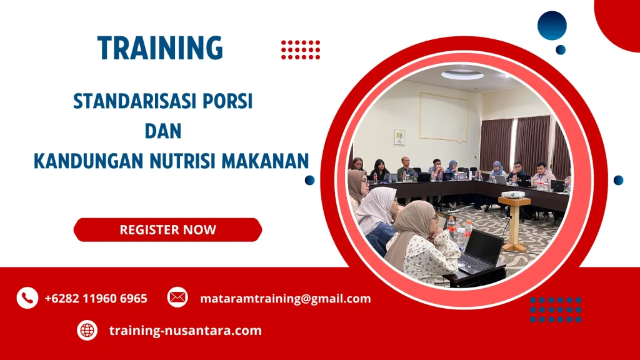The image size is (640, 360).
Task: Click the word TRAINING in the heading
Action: [160, 48]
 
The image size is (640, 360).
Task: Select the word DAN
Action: [162, 131]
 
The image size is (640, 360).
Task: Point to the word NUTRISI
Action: [206, 161]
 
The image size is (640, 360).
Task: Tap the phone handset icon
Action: [27, 298]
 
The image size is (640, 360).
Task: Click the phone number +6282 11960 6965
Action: [96, 299]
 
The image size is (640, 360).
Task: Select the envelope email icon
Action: [177, 297]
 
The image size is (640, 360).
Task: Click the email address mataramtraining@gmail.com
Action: [286, 299]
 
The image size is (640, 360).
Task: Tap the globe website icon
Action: [87, 330]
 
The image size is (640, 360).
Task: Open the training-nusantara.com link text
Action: [185, 331]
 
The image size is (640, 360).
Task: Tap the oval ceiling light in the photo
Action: [462, 75]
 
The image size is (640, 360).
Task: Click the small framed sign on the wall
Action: [399, 137]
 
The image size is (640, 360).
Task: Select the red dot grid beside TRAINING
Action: [301, 49]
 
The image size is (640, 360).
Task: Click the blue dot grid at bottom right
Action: [556, 309]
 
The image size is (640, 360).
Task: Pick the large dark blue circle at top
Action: [552, 26]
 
